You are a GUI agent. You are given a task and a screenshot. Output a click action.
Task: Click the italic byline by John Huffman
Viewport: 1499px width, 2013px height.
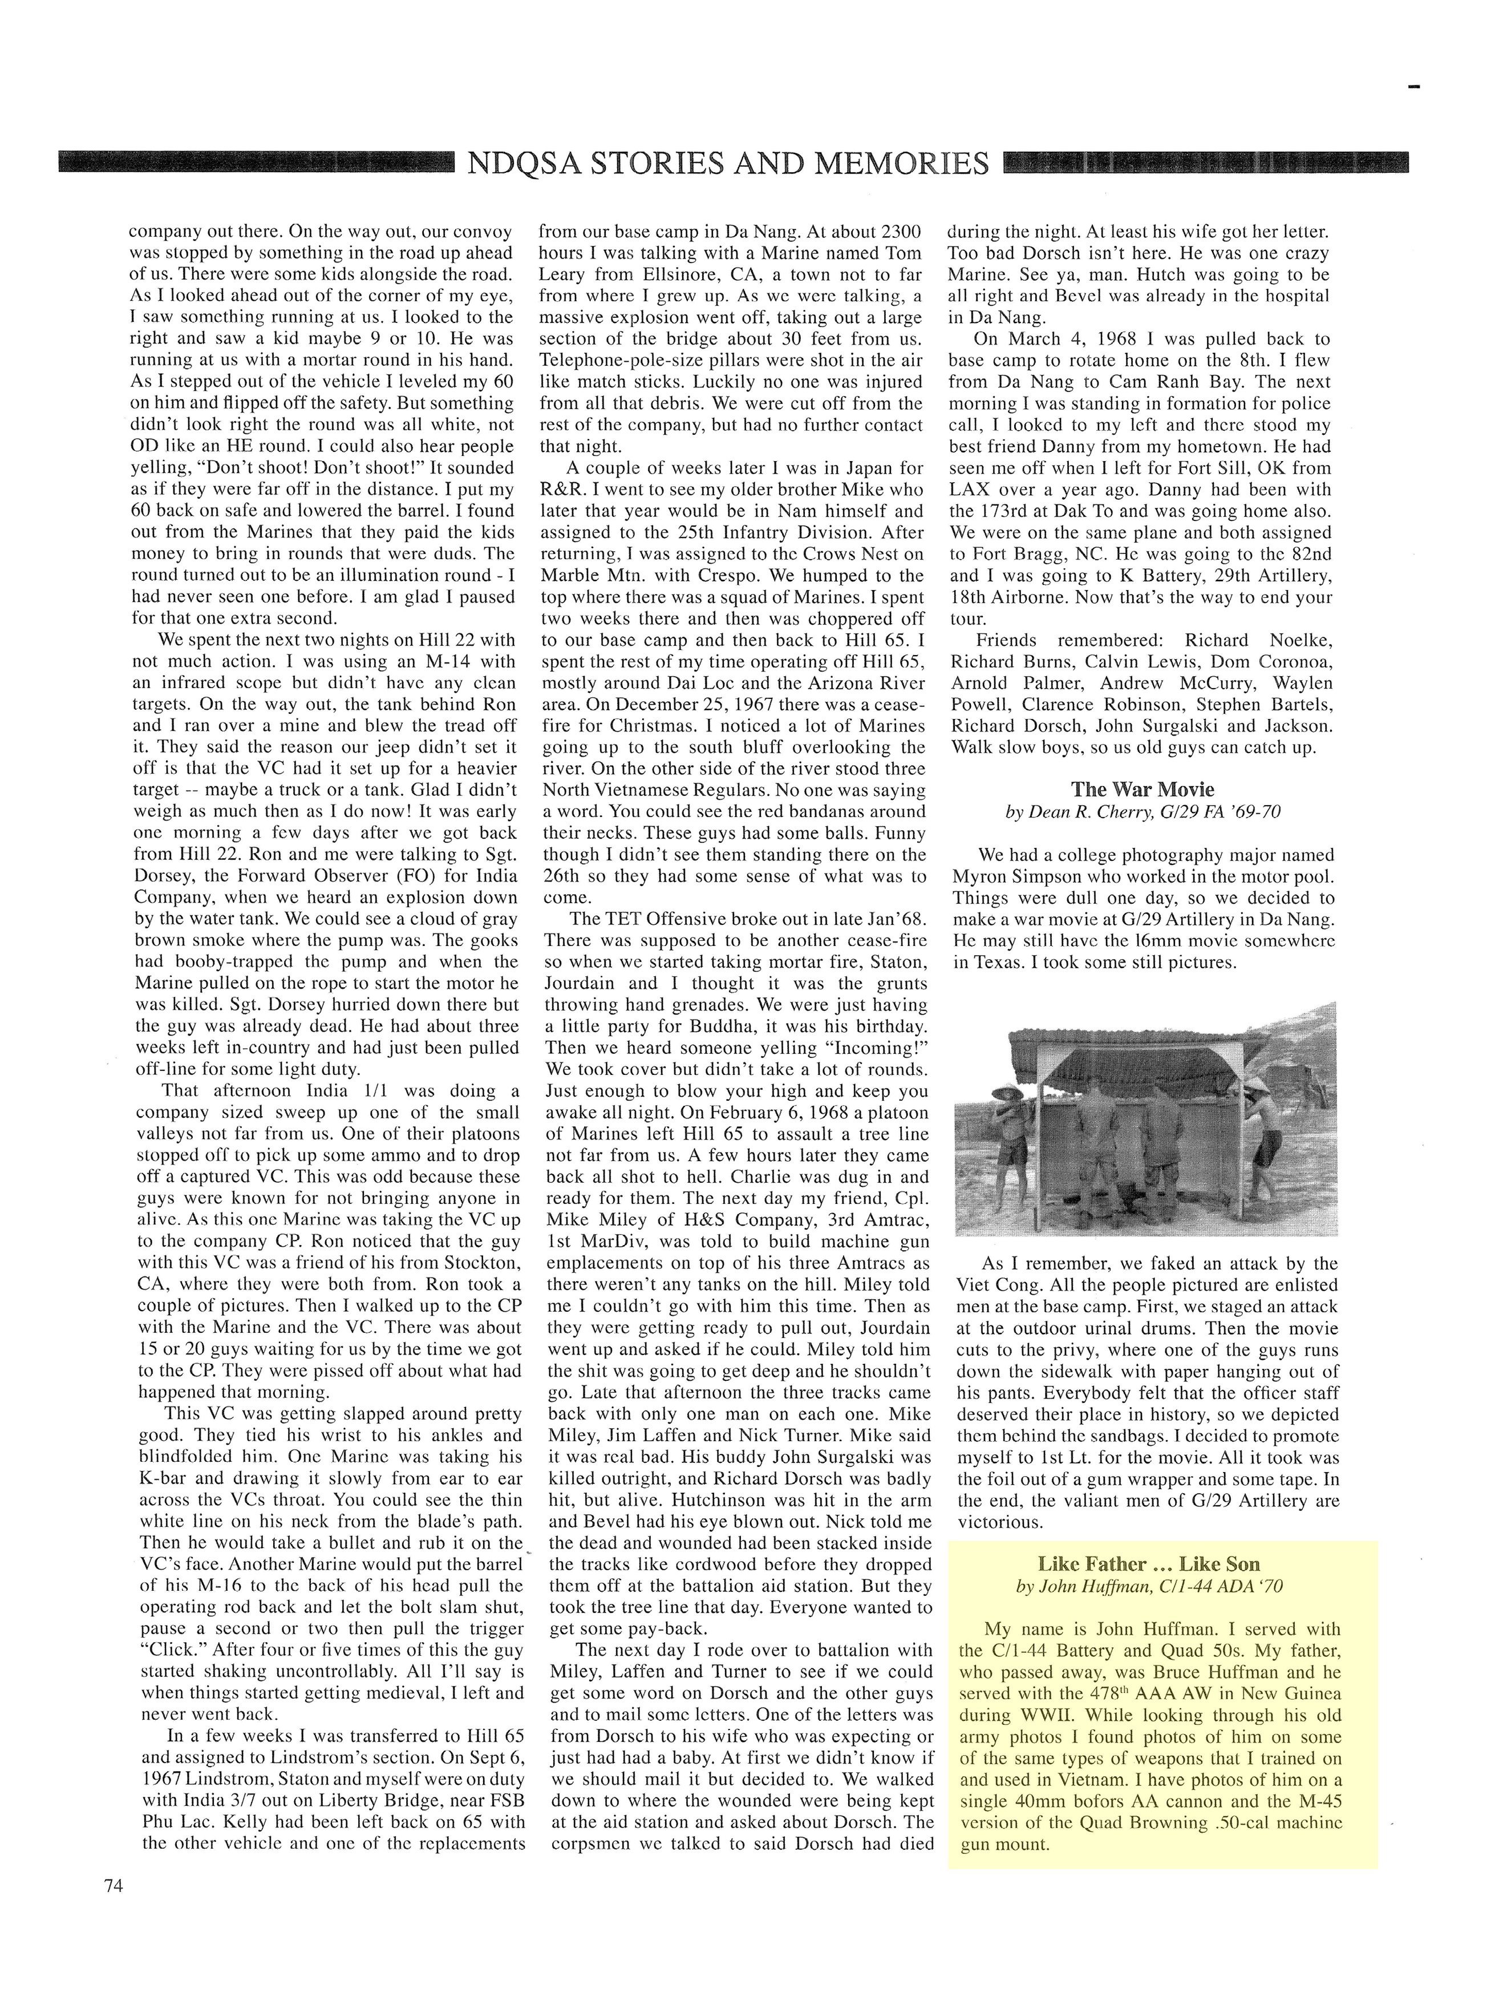pyautogui.click(x=1149, y=1586)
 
